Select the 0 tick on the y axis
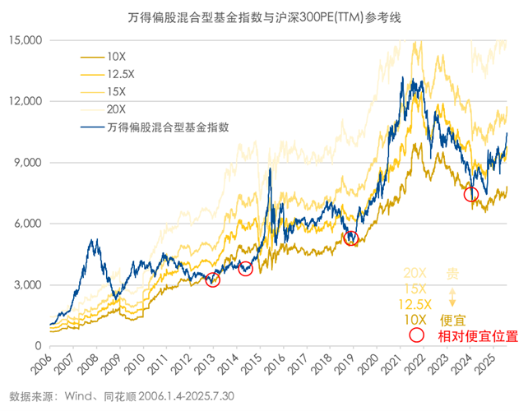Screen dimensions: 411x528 coord(38,346)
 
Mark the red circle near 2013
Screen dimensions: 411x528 coord(213,279)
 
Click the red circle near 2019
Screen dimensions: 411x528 coord(352,238)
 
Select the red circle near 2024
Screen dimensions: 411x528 coord(471,195)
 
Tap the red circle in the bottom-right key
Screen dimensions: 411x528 coord(416,335)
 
